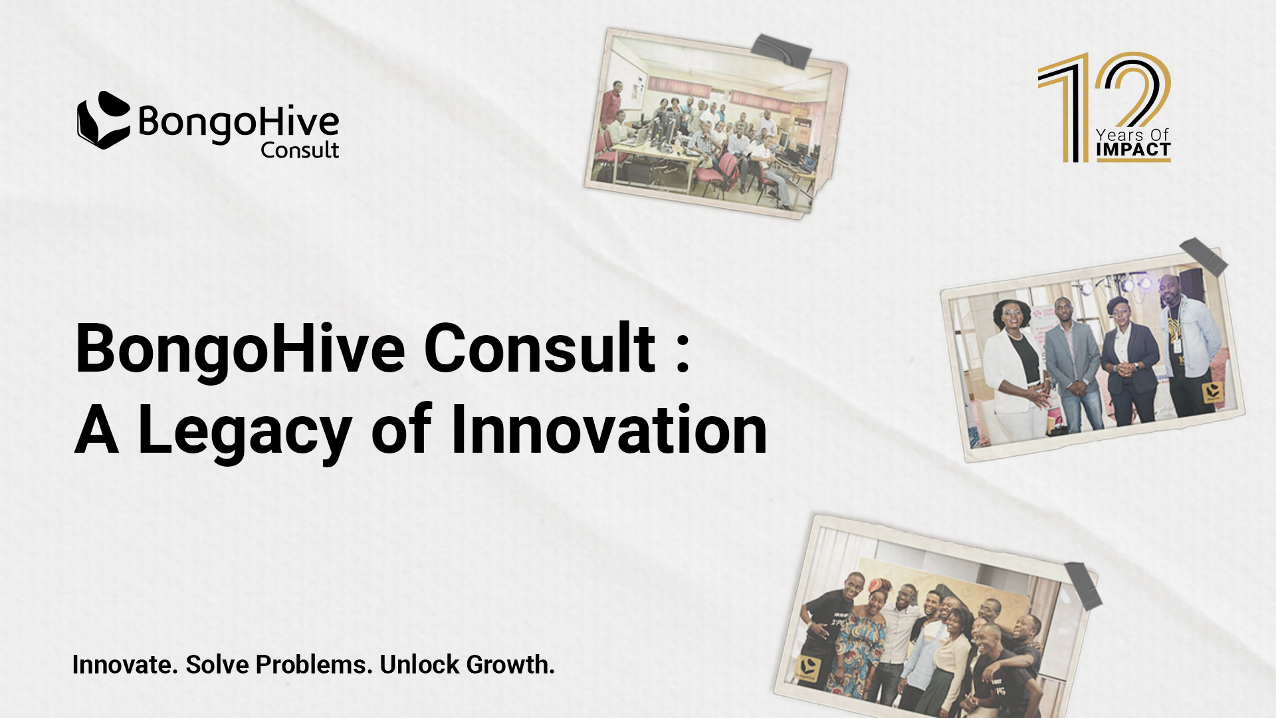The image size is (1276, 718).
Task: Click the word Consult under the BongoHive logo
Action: click(300, 150)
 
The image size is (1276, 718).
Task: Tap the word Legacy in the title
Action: click(245, 432)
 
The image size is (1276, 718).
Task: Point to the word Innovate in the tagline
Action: click(125, 664)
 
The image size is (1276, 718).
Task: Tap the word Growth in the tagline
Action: click(510, 664)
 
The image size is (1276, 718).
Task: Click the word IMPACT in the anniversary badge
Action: click(1133, 150)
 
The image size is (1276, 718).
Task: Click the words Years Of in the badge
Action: click(1132, 134)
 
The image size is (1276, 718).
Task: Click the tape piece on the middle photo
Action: click(1204, 257)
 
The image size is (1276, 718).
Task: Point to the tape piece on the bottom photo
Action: click(1083, 585)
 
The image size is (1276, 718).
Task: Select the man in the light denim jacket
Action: click(1189, 346)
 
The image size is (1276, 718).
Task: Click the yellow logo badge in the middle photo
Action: click(1213, 392)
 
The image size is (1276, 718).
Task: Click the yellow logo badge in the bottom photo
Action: click(807, 668)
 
